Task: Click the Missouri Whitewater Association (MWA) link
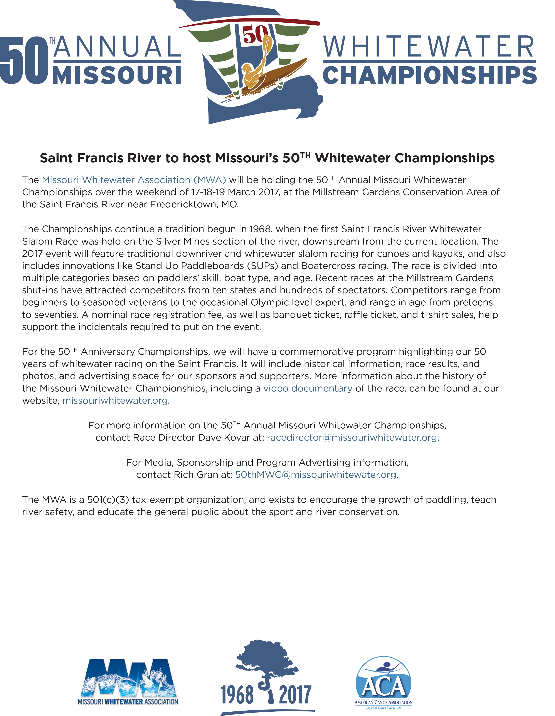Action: tap(134, 180)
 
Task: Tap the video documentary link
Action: tap(308, 388)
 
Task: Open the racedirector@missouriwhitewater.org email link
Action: tap(352, 438)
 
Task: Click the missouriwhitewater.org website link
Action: tap(115, 401)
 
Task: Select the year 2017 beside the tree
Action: tap(295, 695)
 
